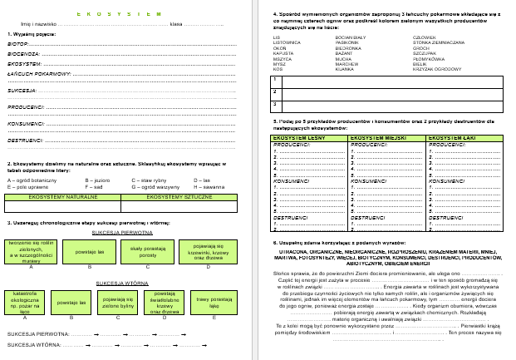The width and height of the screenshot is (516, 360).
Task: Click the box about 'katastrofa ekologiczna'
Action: coord(25,300)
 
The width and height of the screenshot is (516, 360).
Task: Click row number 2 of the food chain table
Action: coord(275,91)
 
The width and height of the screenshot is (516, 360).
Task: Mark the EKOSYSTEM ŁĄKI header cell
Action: coord(462,137)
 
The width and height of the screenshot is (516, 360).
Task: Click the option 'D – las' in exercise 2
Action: coord(202,180)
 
